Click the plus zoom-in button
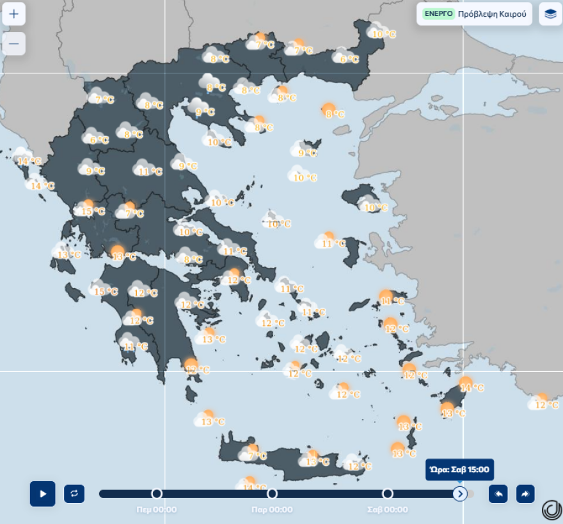13,13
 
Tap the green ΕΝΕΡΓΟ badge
438,13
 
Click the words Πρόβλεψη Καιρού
492,13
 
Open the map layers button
550,13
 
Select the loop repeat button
74,493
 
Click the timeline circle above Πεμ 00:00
157,493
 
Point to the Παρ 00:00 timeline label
272,509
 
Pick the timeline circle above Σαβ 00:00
387,493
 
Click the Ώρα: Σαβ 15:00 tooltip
459,470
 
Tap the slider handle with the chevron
460,493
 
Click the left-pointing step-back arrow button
498,493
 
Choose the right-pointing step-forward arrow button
525,493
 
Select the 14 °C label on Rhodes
472,388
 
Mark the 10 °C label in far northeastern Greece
384,35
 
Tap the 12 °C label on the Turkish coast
546,405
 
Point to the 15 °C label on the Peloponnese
106,291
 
